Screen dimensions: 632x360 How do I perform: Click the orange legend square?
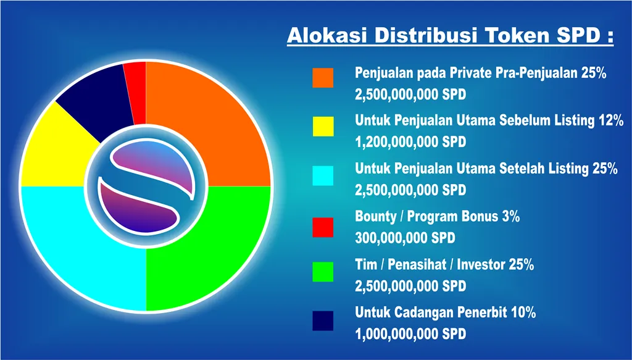point(323,78)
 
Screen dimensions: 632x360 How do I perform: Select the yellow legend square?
point(323,126)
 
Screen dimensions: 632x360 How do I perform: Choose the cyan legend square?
point(323,176)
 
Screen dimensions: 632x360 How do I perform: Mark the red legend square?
point(323,227)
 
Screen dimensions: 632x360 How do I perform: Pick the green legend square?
point(323,272)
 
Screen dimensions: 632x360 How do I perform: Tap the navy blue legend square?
point(323,320)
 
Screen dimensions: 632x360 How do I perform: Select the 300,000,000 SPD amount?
point(405,238)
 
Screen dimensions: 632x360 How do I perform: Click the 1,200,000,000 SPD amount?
point(410,142)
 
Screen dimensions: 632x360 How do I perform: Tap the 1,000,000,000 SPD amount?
point(410,334)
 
